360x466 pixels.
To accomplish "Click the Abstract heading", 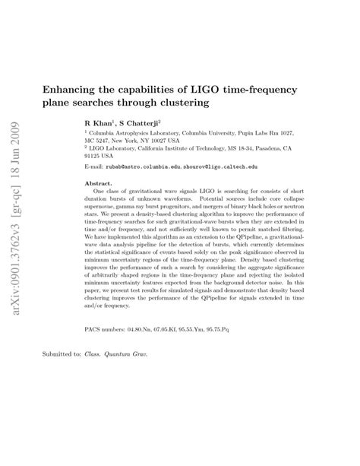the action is coord(98,184).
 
